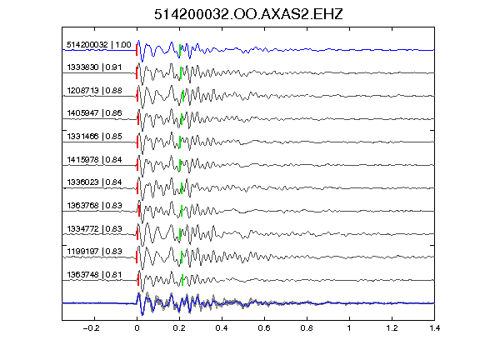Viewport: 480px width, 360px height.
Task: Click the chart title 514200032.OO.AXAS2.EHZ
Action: [x=248, y=14]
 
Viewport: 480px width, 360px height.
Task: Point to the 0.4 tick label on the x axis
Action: [x=222, y=328]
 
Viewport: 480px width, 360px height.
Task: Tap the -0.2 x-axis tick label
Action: [x=92, y=328]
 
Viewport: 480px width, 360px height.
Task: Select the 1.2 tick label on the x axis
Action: [x=392, y=328]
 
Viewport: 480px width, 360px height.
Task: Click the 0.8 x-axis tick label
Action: [x=307, y=328]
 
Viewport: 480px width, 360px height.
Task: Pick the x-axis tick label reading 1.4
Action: [x=434, y=328]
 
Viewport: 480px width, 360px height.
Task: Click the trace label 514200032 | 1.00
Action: [x=99, y=45]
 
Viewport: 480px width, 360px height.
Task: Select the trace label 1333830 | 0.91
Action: [x=94, y=67]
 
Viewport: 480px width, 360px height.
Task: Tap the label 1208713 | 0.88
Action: [x=94, y=91]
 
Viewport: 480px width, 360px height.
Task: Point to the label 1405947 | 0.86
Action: [x=94, y=113]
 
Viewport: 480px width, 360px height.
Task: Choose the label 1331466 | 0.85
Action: [x=94, y=137]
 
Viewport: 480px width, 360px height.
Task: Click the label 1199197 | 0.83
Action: [x=94, y=252]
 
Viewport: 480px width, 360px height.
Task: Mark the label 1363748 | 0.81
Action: [x=94, y=275]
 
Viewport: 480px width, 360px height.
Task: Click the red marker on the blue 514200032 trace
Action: [x=137, y=50]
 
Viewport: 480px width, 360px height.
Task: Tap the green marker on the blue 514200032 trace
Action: [x=180, y=51]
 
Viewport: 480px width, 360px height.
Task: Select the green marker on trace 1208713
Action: [x=183, y=96]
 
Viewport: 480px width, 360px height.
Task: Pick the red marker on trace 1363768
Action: [x=139, y=211]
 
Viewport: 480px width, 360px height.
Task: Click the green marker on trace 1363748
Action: [x=182, y=280]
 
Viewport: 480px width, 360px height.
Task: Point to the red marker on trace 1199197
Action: [x=137, y=257]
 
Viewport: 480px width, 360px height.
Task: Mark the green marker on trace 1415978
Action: [x=180, y=165]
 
